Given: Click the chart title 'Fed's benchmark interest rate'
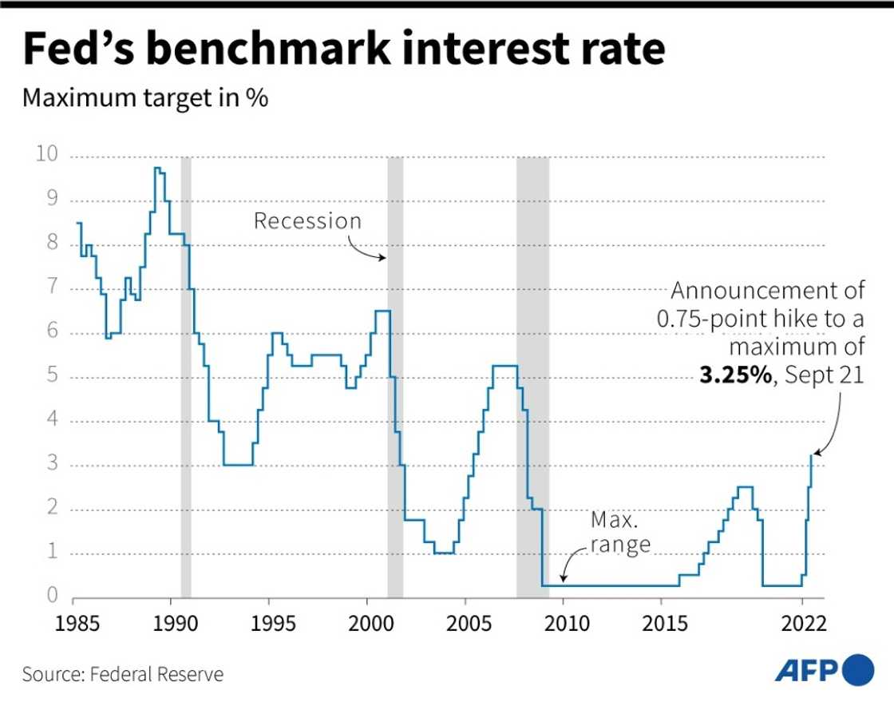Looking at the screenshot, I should [x=344, y=50].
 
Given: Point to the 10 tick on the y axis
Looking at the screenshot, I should [x=46, y=154].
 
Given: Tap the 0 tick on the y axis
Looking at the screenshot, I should [x=52, y=595].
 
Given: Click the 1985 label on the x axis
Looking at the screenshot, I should [x=73, y=622].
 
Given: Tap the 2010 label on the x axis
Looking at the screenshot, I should [x=563, y=622].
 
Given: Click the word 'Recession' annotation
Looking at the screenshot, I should [x=307, y=220].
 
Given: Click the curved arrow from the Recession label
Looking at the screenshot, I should [x=367, y=251].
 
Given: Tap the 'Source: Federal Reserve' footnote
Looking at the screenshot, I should [x=123, y=674].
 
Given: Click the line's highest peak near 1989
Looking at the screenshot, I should [x=158, y=168].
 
